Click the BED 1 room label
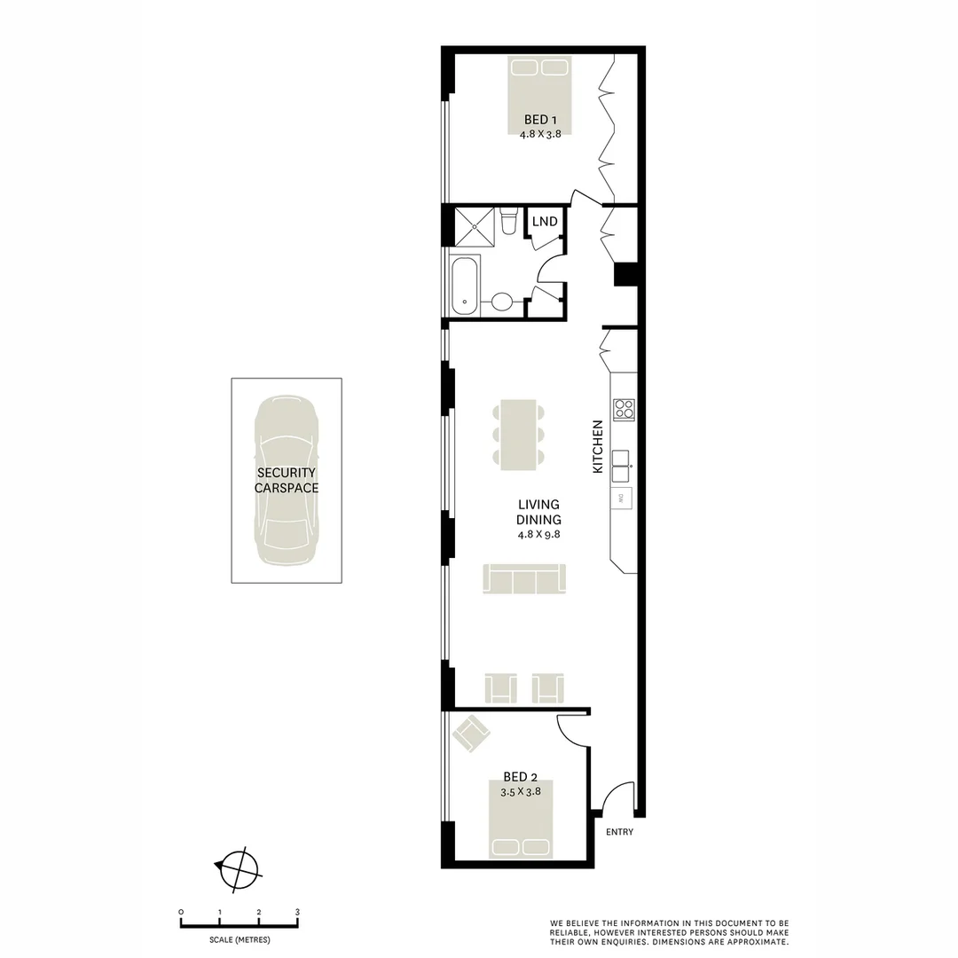540,120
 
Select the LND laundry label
545,221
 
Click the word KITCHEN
598,446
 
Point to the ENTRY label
619,832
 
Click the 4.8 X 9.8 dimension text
539,535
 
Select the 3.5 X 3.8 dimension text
521,791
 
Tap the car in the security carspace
287,479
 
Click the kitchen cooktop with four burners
624,409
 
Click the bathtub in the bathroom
465,286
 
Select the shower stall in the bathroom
475,227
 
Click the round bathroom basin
501,302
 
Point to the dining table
519,434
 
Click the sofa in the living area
524,579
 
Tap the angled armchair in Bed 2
471,734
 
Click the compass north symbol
239,868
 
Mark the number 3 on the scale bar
297,912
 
